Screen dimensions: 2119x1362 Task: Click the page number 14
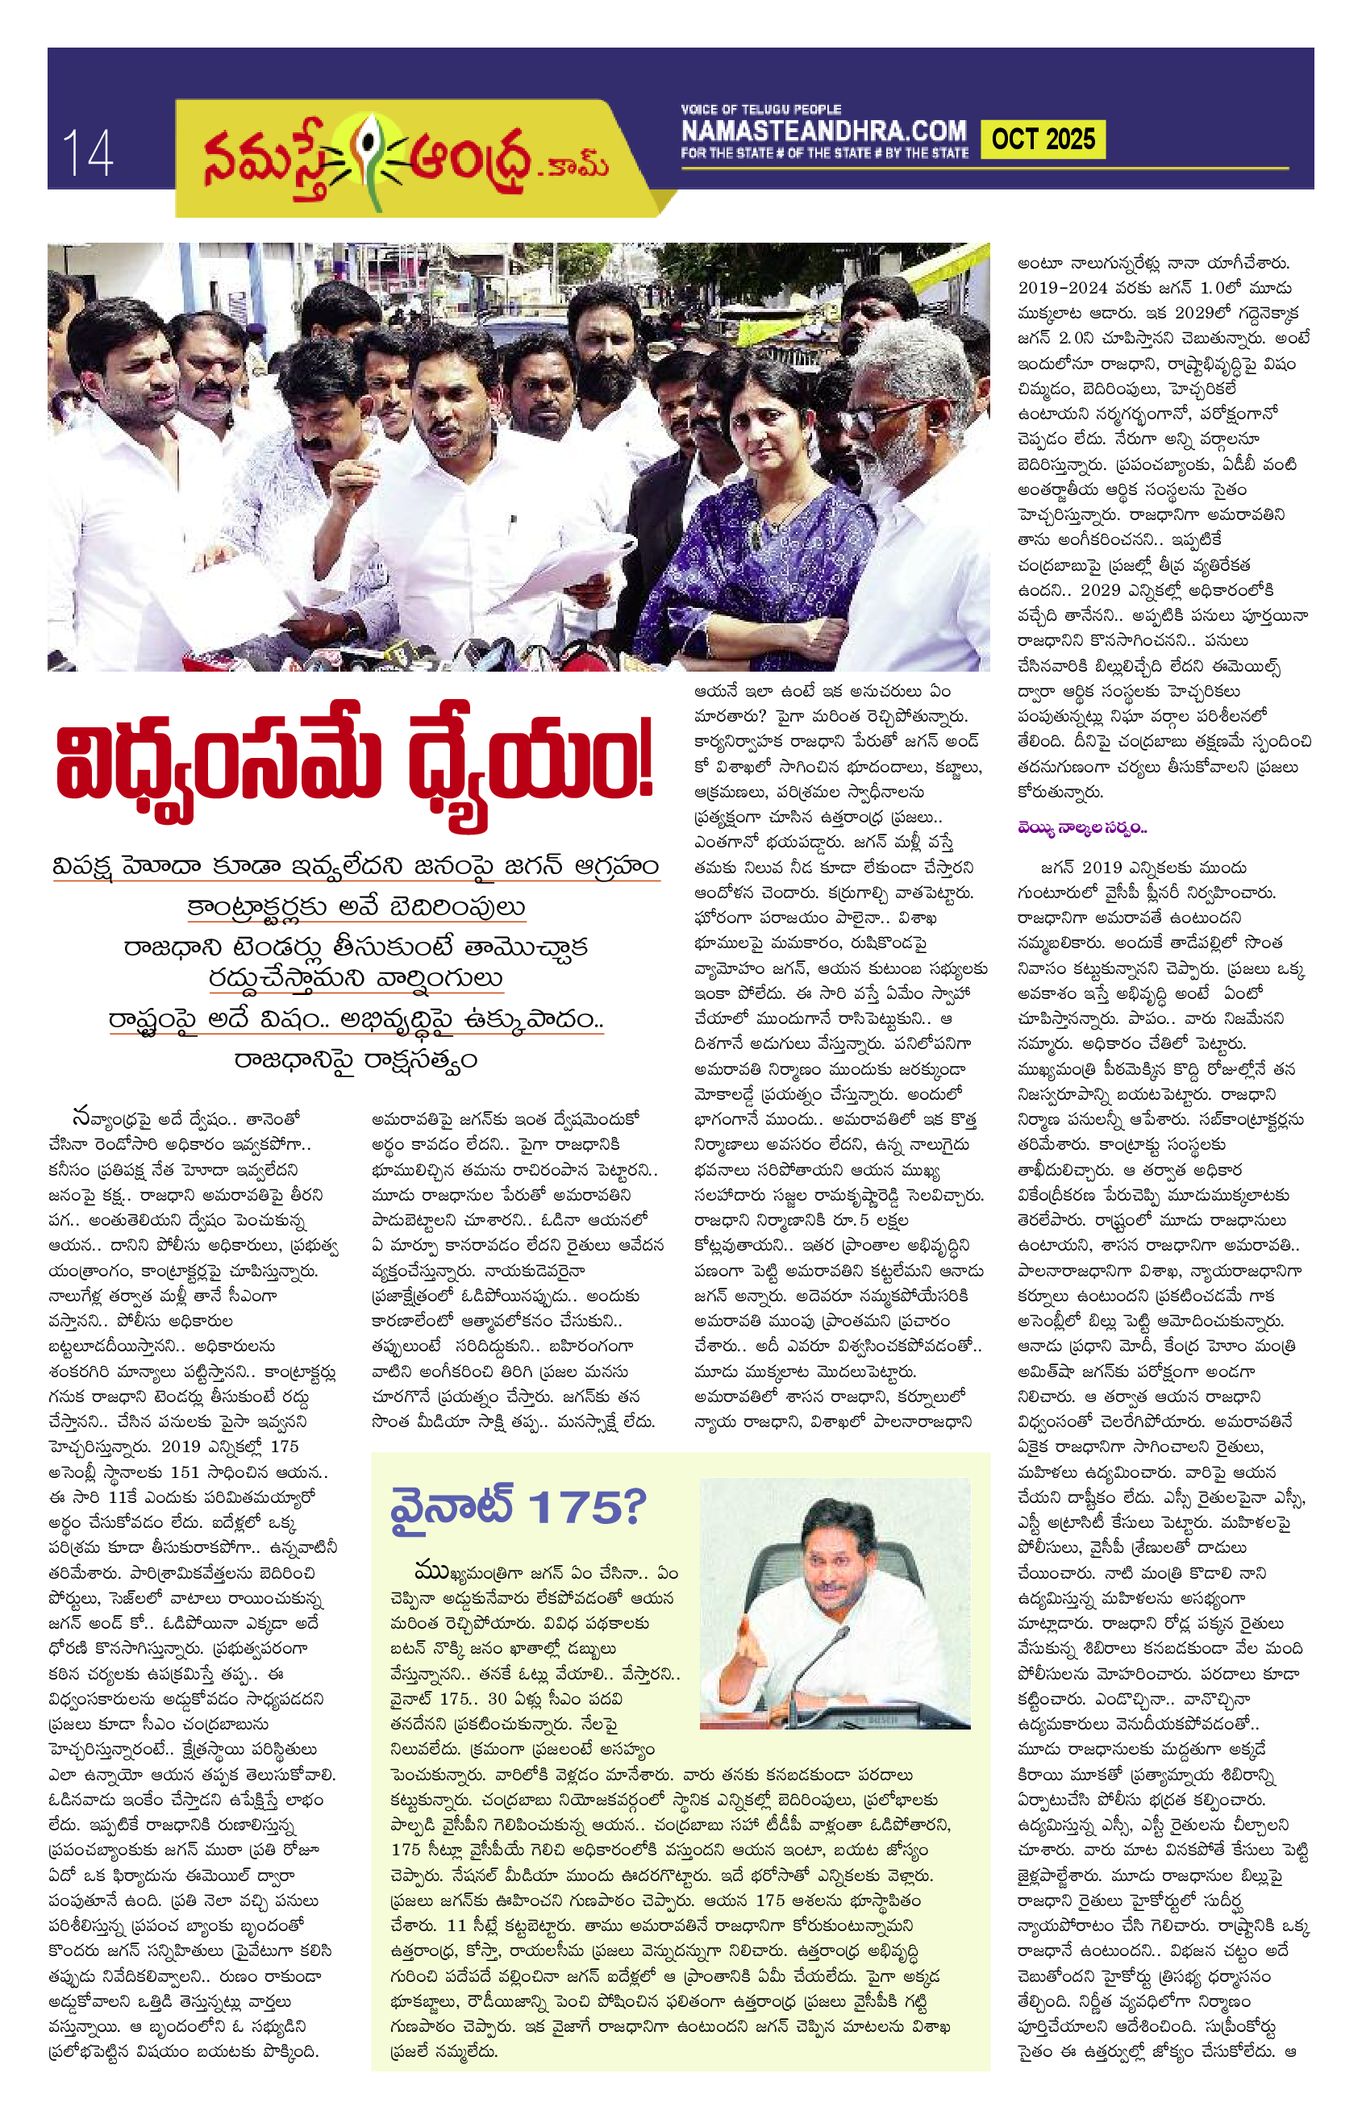tap(86, 152)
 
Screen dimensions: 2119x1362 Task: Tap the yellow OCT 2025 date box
tap(1043, 139)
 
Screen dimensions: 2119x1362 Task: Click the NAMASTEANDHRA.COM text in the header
tap(823, 131)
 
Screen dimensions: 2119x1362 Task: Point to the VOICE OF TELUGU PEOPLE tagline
tap(760, 110)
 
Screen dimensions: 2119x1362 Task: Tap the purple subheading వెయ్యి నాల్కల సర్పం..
tap(1081, 828)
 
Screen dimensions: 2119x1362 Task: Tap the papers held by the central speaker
tap(566, 566)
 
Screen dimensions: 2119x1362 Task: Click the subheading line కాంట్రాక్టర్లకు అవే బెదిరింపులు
tap(356, 907)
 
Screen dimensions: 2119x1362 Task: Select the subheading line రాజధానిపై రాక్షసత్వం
tap(356, 1059)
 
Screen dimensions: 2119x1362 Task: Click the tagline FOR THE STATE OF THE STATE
tap(823, 154)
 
